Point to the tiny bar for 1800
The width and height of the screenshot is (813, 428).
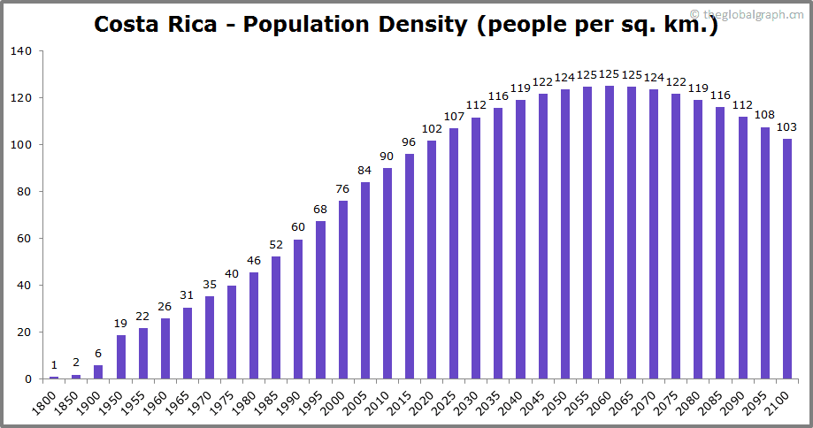pos(54,378)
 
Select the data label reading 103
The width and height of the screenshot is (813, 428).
pos(786,126)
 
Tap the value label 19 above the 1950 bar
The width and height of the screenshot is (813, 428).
pos(121,323)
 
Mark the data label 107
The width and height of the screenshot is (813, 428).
pos(454,116)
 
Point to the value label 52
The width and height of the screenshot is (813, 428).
pos(276,244)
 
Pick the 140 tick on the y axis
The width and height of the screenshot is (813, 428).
pos(21,51)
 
